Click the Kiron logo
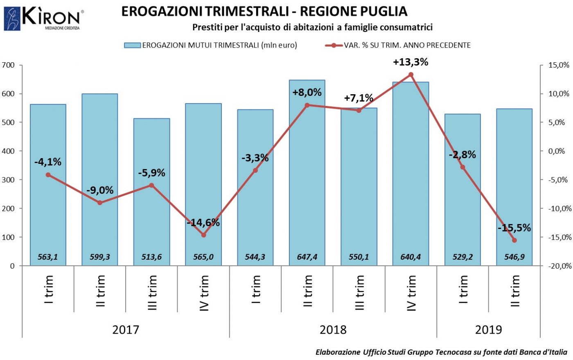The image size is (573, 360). [43, 18]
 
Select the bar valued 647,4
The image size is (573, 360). [307, 172]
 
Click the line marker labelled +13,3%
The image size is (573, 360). [411, 75]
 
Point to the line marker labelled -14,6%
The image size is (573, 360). [203, 235]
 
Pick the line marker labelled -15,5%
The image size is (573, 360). [514, 240]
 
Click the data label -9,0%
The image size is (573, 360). [100, 190]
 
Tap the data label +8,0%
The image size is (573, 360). [307, 93]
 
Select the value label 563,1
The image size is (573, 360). [48, 257]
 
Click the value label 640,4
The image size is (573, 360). [411, 257]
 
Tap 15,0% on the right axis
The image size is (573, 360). [559, 65]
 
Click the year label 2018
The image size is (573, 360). [333, 329]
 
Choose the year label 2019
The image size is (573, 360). [489, 329]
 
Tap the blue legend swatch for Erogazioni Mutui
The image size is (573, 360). [132, 45]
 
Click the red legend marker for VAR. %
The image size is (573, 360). [334, 45]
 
